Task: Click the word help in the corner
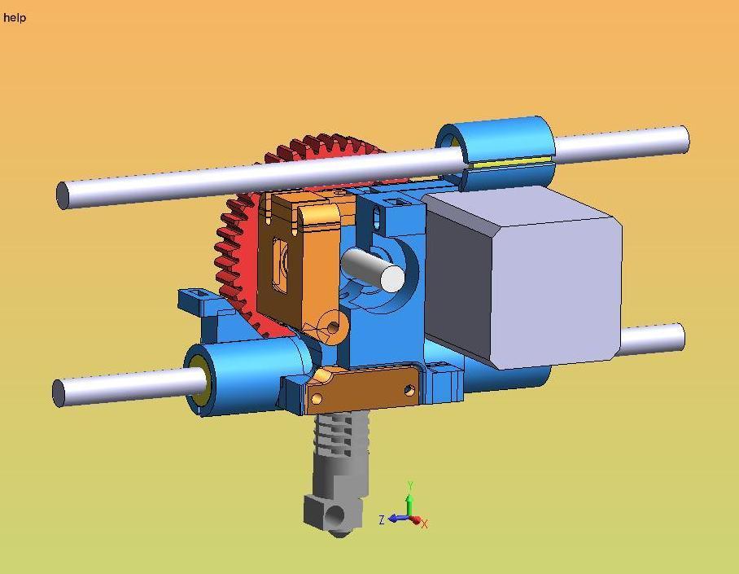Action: (15, 18)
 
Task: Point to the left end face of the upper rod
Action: (63, 196)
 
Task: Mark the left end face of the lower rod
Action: (59, 393)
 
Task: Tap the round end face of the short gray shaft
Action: (392, 278)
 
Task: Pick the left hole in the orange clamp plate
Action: (317, 399)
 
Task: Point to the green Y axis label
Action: (411, 486)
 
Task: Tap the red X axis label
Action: (425, 524)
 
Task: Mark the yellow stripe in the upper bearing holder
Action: (509, 162)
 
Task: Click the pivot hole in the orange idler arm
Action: (332, 326)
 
